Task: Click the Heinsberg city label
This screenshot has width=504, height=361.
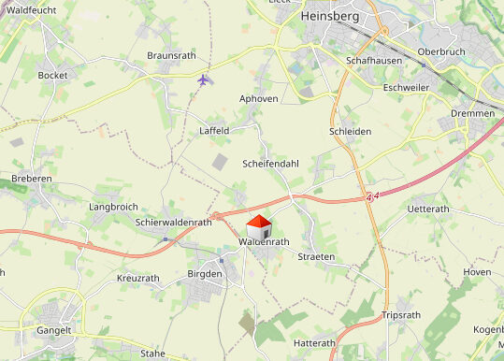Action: click(331, 16)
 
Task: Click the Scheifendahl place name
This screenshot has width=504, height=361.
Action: click(270, 164)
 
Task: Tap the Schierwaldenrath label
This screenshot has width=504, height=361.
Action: click(173, 223)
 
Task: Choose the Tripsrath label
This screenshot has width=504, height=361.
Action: click(402, 316)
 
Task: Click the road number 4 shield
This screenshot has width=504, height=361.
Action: click(370, 197)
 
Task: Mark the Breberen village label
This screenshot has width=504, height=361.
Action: click(30, 178)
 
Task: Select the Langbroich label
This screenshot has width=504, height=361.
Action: click(113, 206)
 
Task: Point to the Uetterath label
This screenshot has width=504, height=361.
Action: click(429, 209)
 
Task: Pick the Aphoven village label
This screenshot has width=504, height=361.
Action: click(259, 98)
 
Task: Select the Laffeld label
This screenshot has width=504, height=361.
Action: click(214, 131)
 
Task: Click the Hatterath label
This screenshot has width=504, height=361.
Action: click(314, 344)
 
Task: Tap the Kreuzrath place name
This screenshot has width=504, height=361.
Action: click(138, 279)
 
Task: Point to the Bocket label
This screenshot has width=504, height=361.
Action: click(52, 75)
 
